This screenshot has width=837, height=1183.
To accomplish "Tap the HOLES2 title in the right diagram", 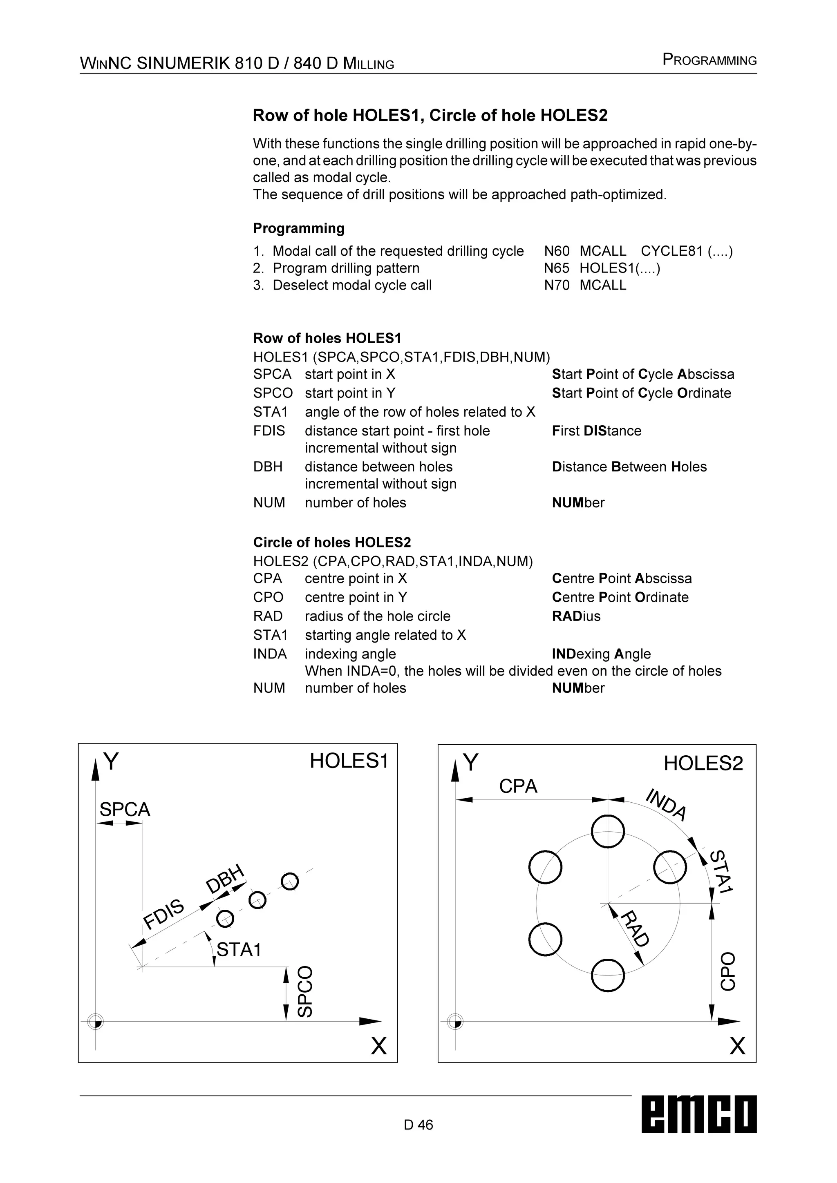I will coord(703,763).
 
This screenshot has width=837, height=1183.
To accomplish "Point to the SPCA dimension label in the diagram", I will coord(125,810).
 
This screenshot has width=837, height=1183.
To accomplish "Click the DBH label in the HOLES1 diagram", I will coord(225,879).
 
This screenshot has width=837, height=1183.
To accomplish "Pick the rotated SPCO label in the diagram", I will coord(305,991).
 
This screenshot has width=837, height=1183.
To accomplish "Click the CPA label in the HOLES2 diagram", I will coord(518,786).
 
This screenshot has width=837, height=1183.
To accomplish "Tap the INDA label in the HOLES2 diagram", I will coord(666,805).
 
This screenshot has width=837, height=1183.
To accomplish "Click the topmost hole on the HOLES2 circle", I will coord(608,831).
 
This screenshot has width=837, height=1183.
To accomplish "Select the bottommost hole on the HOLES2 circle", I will coord(608,975).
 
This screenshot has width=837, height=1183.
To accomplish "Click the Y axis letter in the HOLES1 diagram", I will coord(111,761).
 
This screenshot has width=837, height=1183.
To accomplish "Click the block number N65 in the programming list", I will coord(557,268).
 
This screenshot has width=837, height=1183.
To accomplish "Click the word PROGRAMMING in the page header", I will coord(709,60).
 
